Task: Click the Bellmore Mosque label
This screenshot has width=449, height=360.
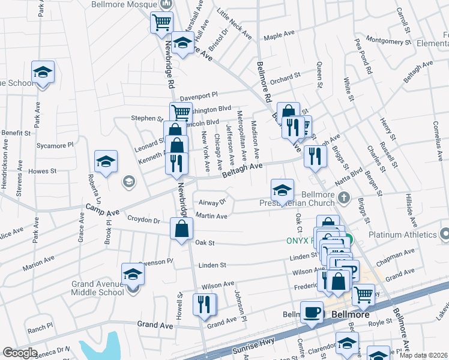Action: [x=125, y=4]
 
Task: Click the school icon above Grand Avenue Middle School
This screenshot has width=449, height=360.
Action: [x=133, y=275]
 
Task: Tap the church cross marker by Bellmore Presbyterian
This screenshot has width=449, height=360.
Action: [x=344, y=197]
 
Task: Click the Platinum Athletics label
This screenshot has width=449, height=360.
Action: [x=402, y=235]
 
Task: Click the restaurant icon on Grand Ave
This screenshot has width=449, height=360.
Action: [x=204, y=304]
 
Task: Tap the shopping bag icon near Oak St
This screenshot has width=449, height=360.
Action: [x=181, y=229]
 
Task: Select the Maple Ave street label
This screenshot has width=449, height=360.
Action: [x=282, y=36]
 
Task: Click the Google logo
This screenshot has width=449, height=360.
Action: [x=20, y=353]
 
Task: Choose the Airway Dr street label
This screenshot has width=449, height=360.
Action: [x=213, y=202]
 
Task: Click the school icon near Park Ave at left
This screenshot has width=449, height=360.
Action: [x=43, y=73]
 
